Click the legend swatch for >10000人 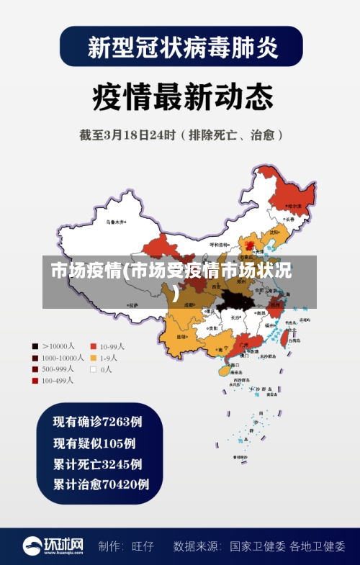(x=35, y=345)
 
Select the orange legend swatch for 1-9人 (x=93, y=357)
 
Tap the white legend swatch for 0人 (x=93, y=369)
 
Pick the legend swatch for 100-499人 (x=35, y=380)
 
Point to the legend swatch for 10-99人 (x=93, y=345)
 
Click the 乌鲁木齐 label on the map (x=115, y=221)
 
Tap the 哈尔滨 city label (x=294, y=206)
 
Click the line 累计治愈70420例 (x=101, y=484)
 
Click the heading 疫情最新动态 (x=181, y=96)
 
